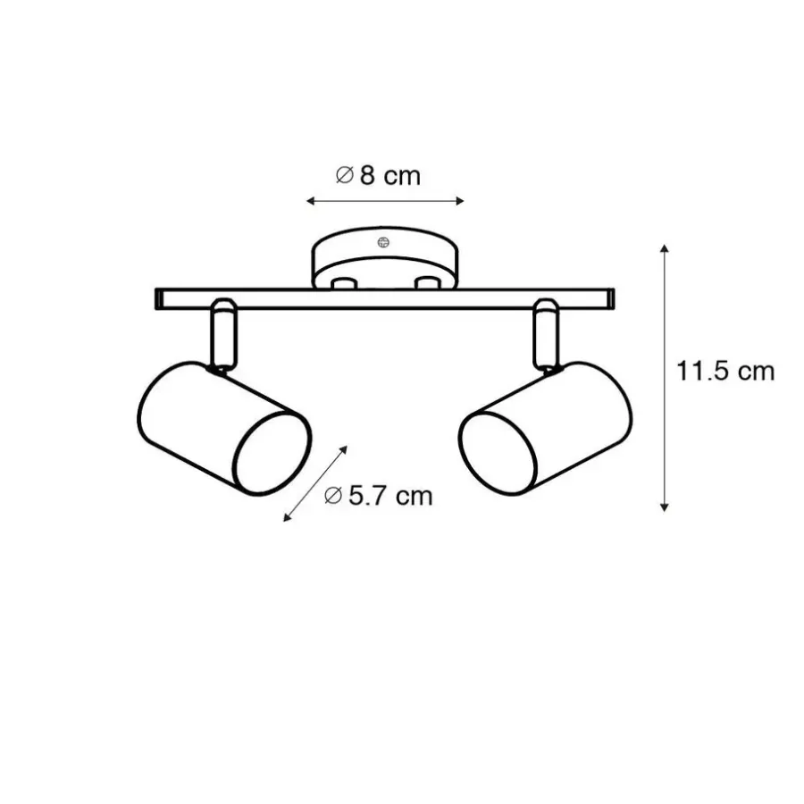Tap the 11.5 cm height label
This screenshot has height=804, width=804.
pyautogui.click(x=725, y=372)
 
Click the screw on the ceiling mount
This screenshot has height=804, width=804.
pyautogui.click(x=383, y=242)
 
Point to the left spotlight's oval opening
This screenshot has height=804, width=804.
pyautogui.click(x=272, y=453)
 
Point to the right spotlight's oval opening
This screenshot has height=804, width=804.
pyautogui.click(x=498, y=453)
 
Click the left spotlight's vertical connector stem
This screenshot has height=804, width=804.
pyautogui.click(x=224, y=334)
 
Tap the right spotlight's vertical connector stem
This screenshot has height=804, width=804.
pyautogui.click(x=546, y=334)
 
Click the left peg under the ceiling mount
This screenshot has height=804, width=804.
pyautogui.click(x=344, y=283)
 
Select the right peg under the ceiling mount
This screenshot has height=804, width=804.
pyautogui.click(x=428, y=283)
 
